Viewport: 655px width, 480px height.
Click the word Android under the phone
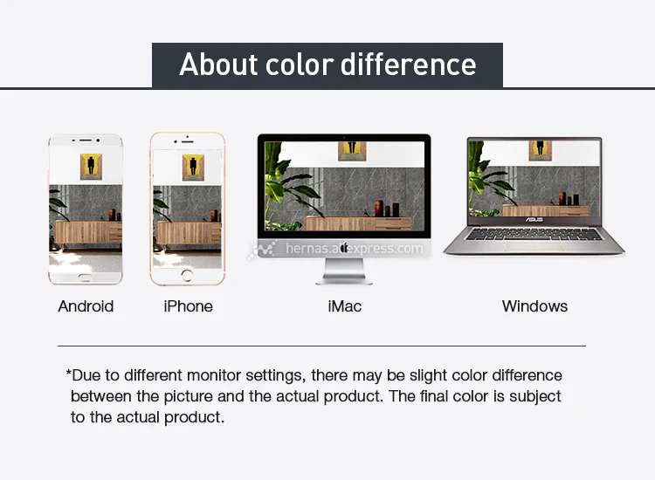[x=86, y=306]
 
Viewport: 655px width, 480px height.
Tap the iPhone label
[x=188, y=306]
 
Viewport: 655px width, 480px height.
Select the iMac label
[x=345, y=306]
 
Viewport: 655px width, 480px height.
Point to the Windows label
[x=534, y=306]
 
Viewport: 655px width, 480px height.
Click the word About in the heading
[x=218, y=65]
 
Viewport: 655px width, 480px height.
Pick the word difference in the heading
[x=408, y=65]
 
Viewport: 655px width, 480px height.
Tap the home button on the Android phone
[x=86, y=278]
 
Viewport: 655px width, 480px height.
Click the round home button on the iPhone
[x=187, y=276]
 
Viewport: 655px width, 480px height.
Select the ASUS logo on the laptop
[x=534, y=220]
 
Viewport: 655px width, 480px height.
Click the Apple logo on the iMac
[x=344, y=248]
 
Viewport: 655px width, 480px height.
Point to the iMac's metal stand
[x=344, y=271]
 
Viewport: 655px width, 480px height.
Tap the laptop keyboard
[x=534, y=234]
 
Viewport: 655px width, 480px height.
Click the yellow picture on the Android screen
[x=91, y=167]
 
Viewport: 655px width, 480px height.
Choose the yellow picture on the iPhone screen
[x=193, y=168]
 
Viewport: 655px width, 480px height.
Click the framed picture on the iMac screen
[x=352, y=151]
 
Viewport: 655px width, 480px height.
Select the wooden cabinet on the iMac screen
[x=358, y=223]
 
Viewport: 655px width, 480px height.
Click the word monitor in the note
[x=214, y=375]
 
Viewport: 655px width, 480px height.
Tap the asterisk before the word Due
[x=68, y=373]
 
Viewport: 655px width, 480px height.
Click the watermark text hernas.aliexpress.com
[x=355, y=249]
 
